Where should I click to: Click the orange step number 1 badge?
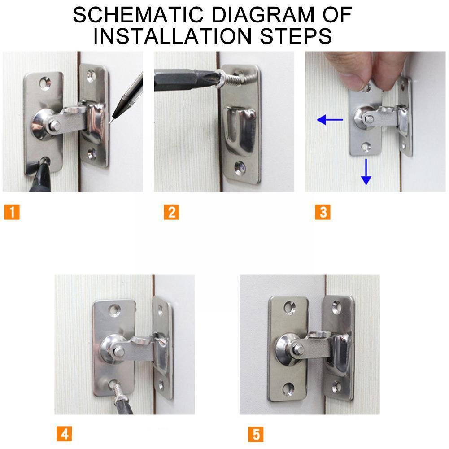[x=12, y=211]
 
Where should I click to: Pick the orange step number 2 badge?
[x=171, y=211]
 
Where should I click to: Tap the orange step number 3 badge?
[x=323, y=211]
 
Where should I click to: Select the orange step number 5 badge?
[x=256, y=434]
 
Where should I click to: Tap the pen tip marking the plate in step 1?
[x=112, y=120]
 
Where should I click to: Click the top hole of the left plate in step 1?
[x=44, y=83]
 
